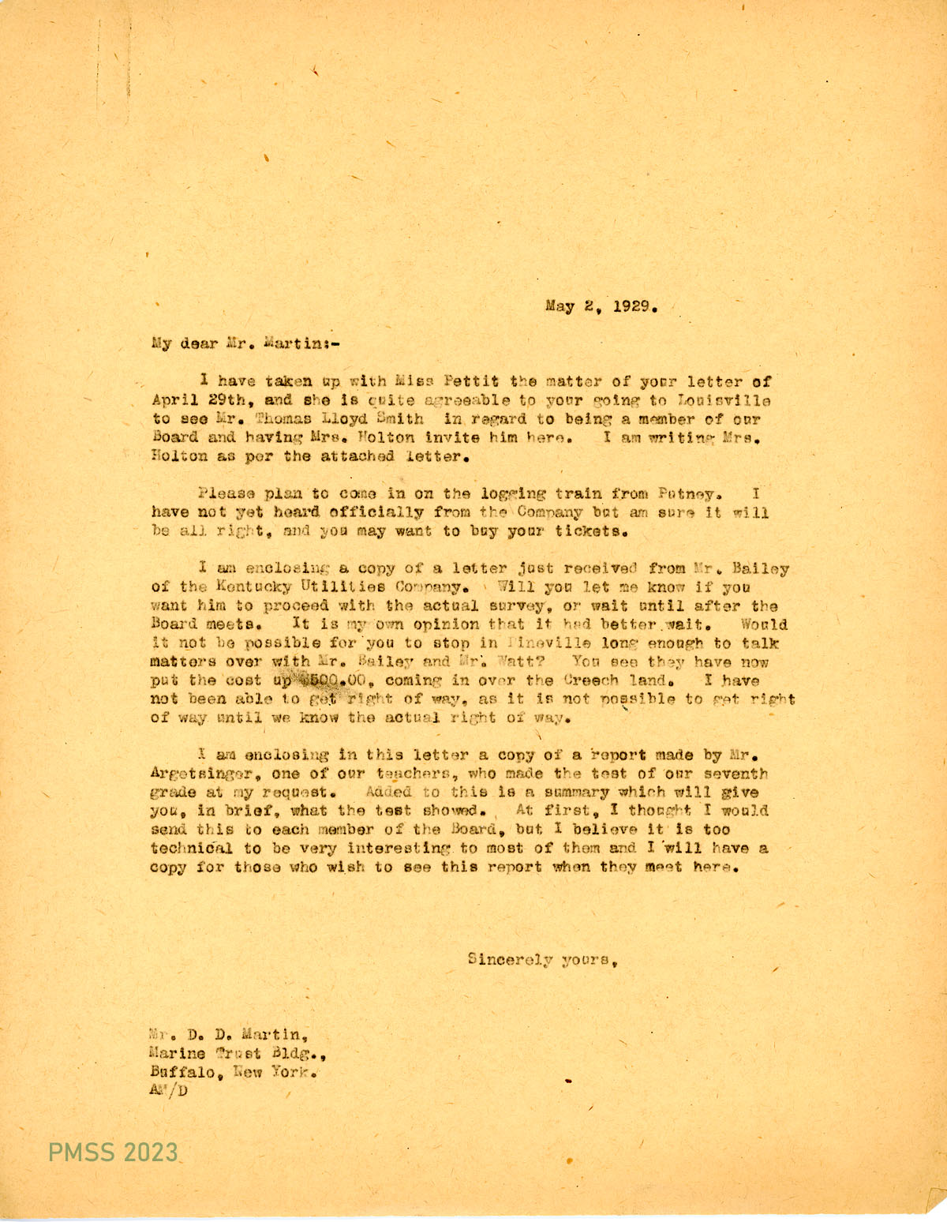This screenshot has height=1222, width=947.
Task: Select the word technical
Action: pos(191,849)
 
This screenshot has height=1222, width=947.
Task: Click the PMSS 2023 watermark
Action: pos(114,1153)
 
